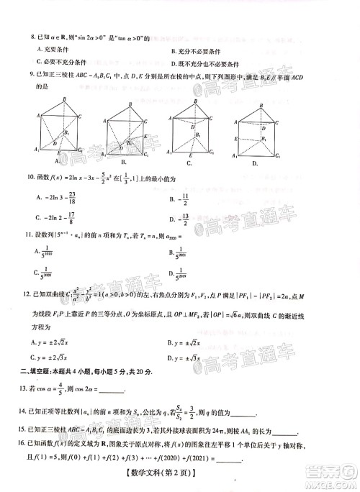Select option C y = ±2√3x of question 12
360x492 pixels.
coord(55,357)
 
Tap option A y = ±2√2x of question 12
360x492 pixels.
coord(55,342)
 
